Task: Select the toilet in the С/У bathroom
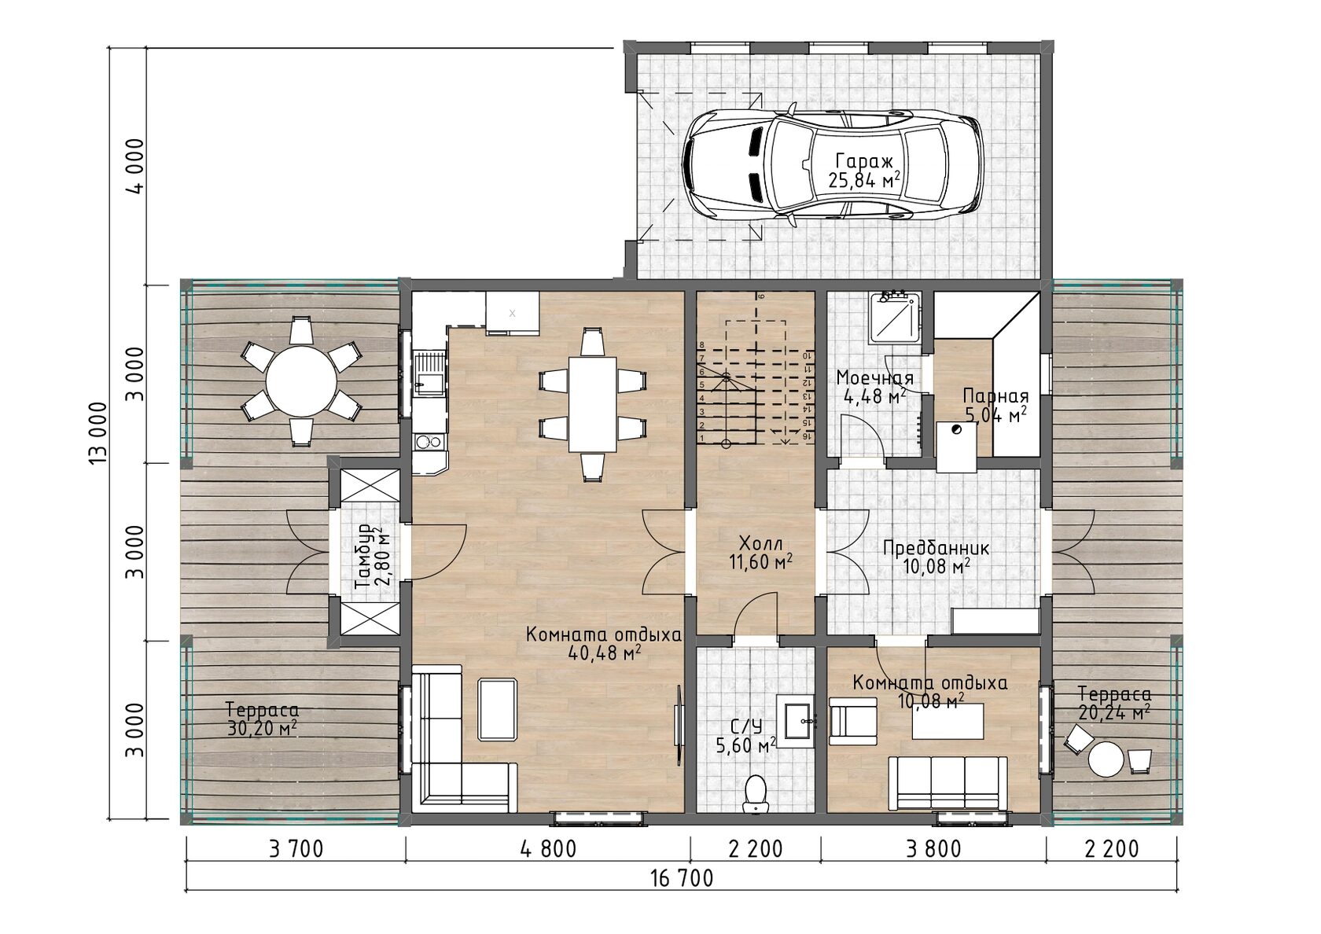[x=756, y=793]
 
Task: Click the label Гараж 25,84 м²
[x=864, y=171]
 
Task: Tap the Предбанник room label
[x=936, y=548]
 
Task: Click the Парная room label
[x=995, y=395]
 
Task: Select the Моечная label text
[x=875, y=377]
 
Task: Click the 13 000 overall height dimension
[x=98, y=432]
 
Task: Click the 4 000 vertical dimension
[x=136, y=167]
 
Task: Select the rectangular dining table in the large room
[x=593, y=404]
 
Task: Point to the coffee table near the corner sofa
[x=499, y=709]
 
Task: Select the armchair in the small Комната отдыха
[x=852, y=721]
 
